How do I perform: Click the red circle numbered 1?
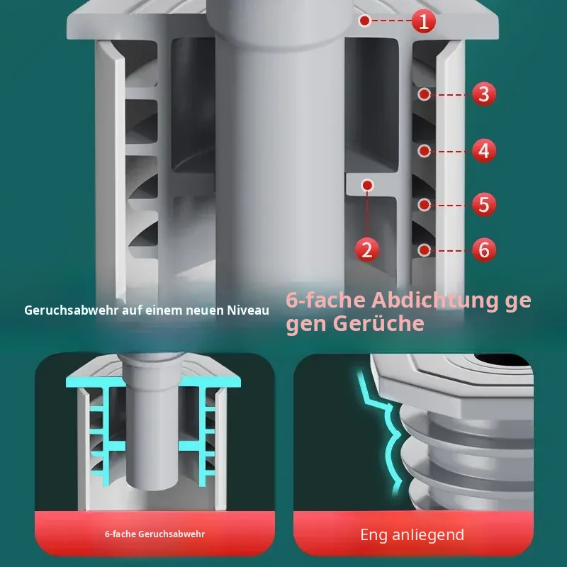[423, 21]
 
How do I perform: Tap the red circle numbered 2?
[367, 250]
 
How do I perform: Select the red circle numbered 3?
[484, 94]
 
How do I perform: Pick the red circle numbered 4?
[484, 150]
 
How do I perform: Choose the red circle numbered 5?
[484, 205]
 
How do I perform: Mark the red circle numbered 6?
[484, 250]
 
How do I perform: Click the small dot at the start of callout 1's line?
[365, 21]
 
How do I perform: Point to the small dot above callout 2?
[367, 186]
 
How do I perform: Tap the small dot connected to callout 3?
[424, 94]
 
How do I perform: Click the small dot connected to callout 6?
[424, 250]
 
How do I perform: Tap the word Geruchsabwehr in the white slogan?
[72, 310]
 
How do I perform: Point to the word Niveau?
[248, 310]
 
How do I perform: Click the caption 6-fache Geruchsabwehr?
[155, 534]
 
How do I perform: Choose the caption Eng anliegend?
[412, 535]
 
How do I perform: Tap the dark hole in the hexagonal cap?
[502, 359]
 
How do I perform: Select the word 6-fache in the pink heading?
[325, 300]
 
